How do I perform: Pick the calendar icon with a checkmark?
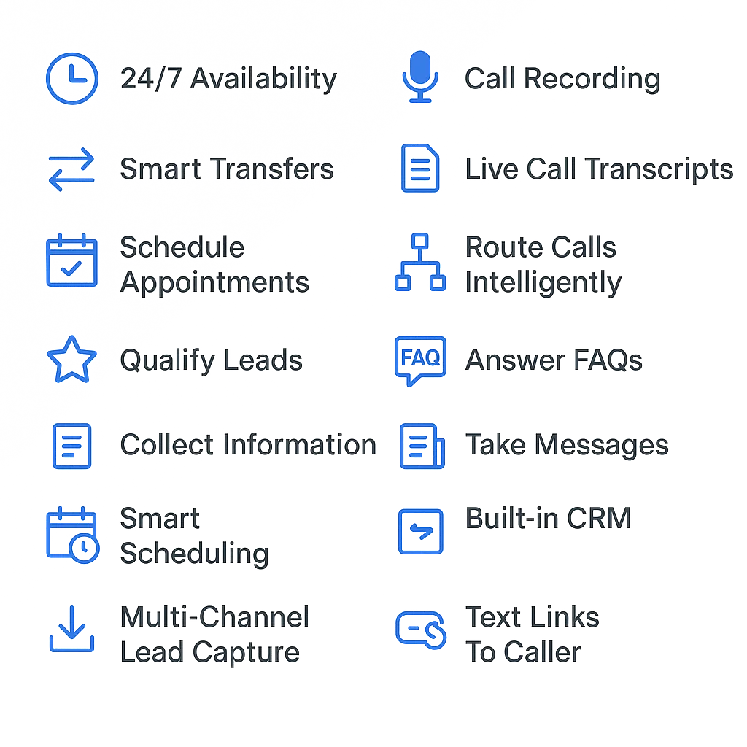coord(72,260)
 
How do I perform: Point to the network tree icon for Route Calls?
coord(420,262)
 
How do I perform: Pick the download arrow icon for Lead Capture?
coord(72,629)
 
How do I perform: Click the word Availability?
coord(263,79)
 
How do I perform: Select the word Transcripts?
coord(659,169)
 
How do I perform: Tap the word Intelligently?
coord(543,283)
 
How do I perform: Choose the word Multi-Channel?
coord(215,617)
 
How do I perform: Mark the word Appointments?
coord(215,283)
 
